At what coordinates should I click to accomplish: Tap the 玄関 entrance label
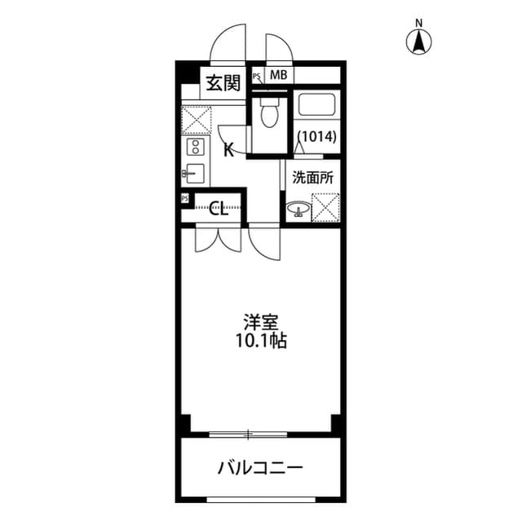[x=223, y=83]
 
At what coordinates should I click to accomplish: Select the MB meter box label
[x=279, y=76]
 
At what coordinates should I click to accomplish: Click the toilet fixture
[x=265, y=114]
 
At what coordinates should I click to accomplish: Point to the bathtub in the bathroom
[x=316, y=106]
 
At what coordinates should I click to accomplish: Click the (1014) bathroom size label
[x=316, y=137]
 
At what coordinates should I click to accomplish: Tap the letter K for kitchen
[x=229, y=149]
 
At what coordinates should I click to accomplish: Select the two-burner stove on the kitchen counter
[x=196, y=147]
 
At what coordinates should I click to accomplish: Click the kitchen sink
[x=196, y=173]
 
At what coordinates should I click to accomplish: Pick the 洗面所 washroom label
[x=312, y=177]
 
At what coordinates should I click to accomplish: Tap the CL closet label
[x=219, y=207]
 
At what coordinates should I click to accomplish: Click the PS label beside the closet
[x=185, y=198]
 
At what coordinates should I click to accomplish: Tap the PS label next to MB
[x=257, y=77]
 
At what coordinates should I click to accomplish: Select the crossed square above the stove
[x=196, y=120]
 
